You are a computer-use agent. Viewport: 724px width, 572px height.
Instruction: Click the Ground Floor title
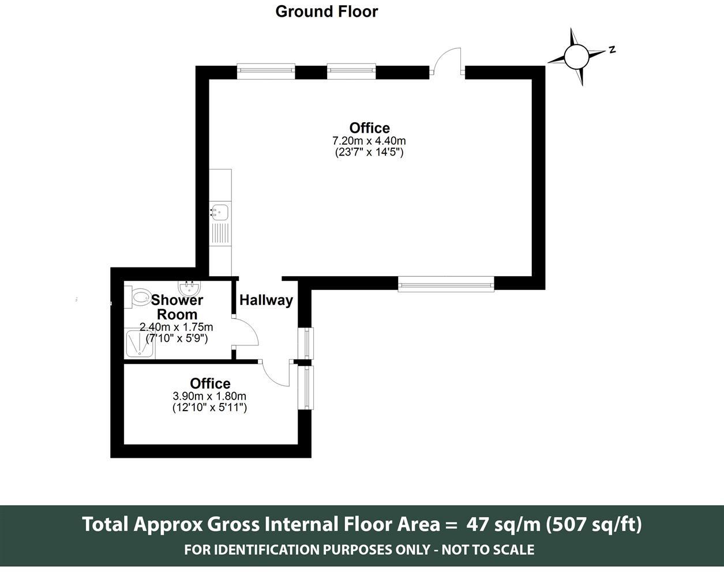[327, 12]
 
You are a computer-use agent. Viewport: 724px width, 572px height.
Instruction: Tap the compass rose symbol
[575, 57]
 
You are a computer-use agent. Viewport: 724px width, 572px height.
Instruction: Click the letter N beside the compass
[612, 50]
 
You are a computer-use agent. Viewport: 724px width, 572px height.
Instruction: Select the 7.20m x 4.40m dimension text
[369, 141]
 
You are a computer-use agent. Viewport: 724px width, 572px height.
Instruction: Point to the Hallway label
[266, 300]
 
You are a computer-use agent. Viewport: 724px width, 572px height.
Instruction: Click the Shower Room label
[177, 307]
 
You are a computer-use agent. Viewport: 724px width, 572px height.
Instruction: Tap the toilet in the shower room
[138, 298]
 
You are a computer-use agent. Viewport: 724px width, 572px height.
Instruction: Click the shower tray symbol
[139, 344]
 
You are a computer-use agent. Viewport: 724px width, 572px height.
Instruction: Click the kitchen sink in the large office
[220, 212]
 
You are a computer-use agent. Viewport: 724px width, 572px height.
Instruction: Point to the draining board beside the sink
[220, 234]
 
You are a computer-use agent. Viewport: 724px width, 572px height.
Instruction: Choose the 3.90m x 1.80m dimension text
[209, 396]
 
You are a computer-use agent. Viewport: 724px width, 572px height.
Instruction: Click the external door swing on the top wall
[448, 62]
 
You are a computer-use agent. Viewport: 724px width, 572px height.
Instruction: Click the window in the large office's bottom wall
[446, 283]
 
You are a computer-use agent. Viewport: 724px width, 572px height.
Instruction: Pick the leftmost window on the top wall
[266, 71]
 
